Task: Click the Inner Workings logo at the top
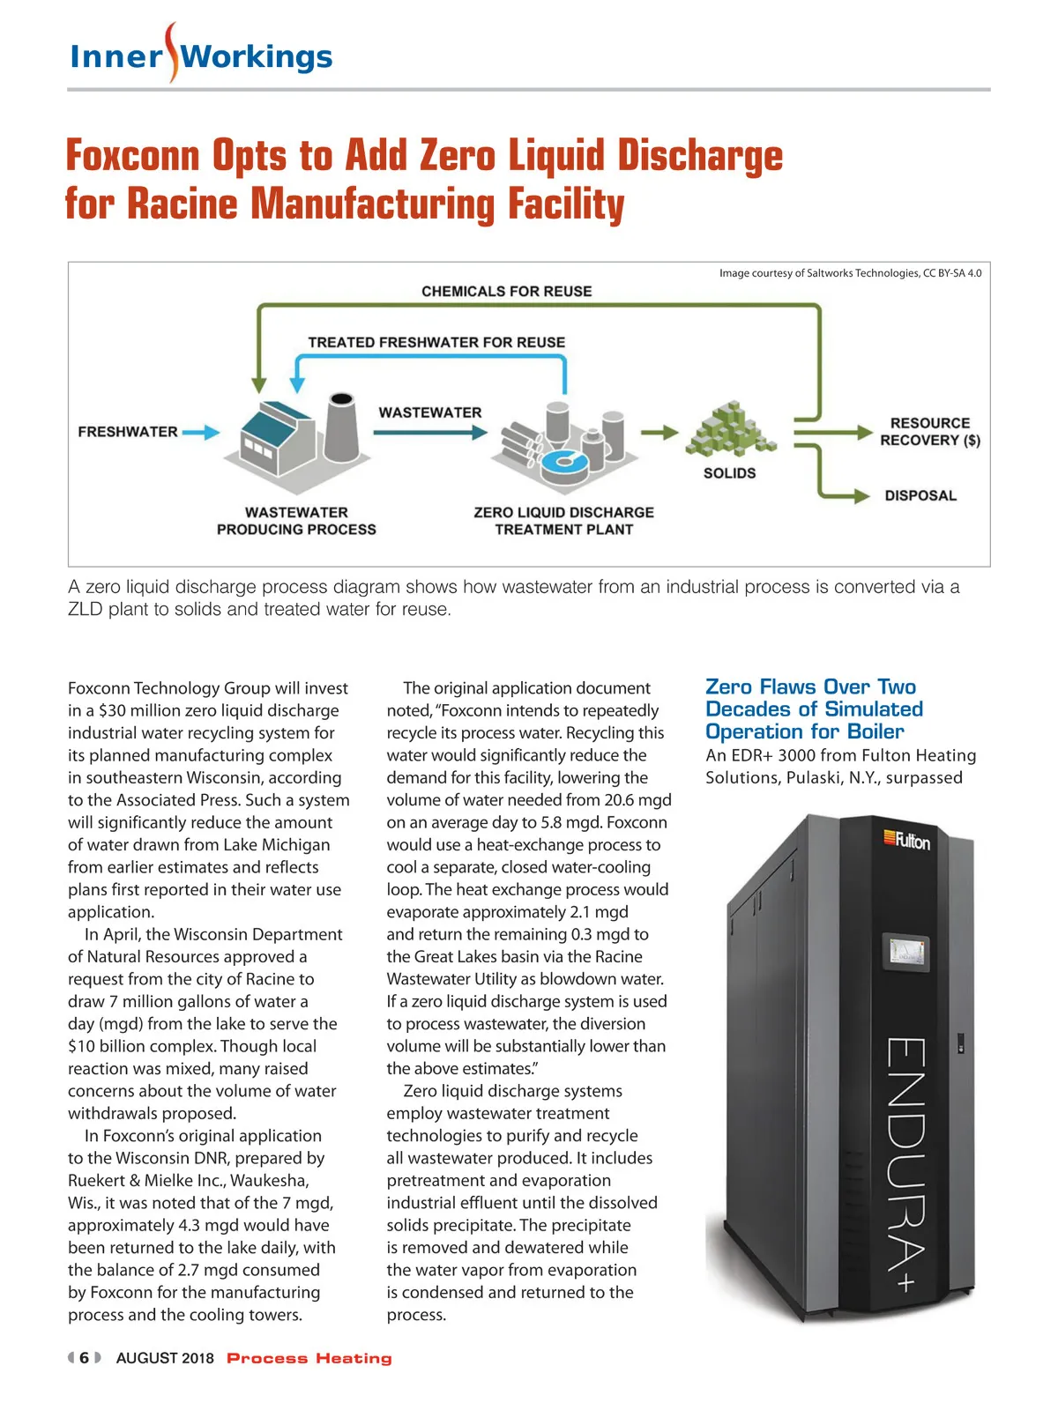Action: [201, 56]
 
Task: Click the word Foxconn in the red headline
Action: [133, 156]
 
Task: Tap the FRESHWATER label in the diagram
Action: [128, 432]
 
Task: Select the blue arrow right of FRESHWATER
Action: [200, 433]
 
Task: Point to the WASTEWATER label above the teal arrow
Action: [430, 412]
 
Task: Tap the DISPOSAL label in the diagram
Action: [920, 495]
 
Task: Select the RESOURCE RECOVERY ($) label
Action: [930, 432]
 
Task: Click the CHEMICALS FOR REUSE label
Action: [506, 291]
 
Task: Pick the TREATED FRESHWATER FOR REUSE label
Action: [436, 342]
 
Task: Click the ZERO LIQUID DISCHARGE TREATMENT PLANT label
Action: [563, 521]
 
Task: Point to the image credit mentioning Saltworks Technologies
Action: [850, 273]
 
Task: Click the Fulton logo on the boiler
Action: [907, 840]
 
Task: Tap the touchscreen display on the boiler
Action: [906, 952]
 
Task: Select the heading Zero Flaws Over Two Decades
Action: [813, 709]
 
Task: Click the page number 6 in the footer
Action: [84, 1358]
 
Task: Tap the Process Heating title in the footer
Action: [309, 1358]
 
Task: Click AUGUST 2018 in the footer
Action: [165, 1358]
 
